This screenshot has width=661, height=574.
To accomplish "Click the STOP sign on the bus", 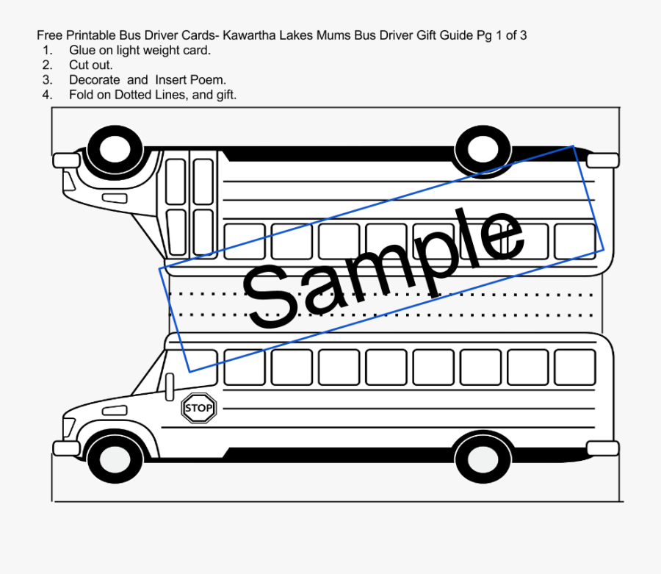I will coord(198,408).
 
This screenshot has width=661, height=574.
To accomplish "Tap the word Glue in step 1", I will coord(82,50).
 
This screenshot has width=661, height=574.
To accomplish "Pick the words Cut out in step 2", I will coord(91,65).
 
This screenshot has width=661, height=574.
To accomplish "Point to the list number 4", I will coord(47,94).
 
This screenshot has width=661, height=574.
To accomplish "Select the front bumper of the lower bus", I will coord(66,448).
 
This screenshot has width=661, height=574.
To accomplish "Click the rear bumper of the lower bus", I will coord(602,448).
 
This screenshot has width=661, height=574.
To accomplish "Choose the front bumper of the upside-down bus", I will coord(66,159).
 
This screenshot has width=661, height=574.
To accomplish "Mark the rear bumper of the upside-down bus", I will coord(602,159).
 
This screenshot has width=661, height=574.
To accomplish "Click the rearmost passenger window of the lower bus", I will coord(574,367).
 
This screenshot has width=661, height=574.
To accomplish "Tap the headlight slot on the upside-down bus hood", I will coord(115,198).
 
